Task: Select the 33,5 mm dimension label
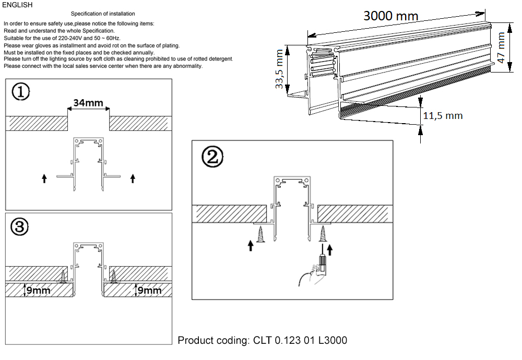[x=280, y=69]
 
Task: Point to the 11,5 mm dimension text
[x=442, y=115]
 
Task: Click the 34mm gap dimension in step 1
[x=88, y=103]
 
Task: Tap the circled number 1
[x=20, y=93]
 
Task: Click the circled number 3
[x=20, y=226]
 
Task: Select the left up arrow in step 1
[x=44, y=179]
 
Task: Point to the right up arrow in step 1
[x=133, y=179]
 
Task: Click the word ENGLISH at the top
[x=17, y=5]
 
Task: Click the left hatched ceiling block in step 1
[x=37, y=123]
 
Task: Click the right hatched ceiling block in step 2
[x=354, y=213]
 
